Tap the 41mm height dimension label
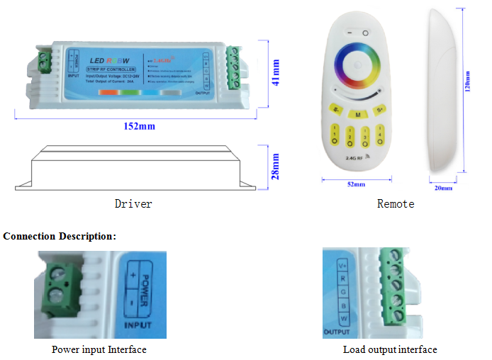coord(276,72)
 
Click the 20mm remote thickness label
coord(445,188)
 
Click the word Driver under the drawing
coord(133,204)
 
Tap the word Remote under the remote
coord(396,204)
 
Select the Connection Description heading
coord(60,236)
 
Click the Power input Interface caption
coord(99,349)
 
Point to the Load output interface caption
coord(390,349)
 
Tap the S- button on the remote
coord(336,111)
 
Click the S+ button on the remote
coord(380,111)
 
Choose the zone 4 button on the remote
coord(381,133)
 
